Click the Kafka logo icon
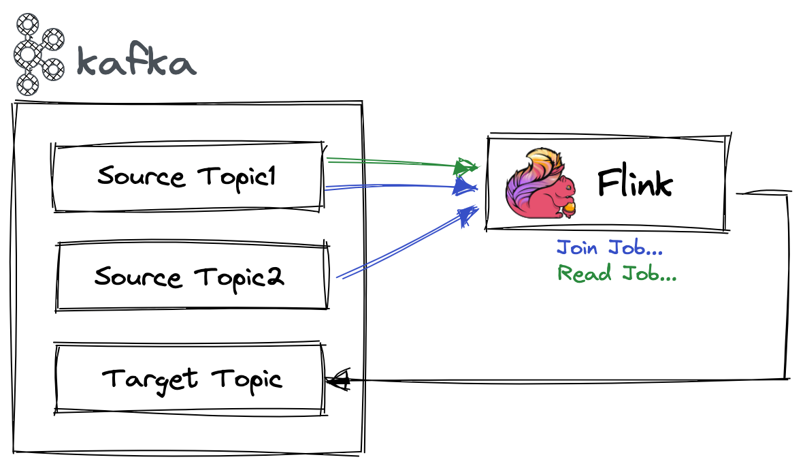click(37, 53)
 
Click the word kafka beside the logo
click(136, 62)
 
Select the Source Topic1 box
click(187, 176)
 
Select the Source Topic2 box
click(193, 277)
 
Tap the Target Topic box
click(190, 378)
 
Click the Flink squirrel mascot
click(541, 184)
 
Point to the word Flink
click(634, 184)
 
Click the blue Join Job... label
click(609, 247)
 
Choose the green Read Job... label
click(617, 273)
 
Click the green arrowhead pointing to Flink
click(467, 166)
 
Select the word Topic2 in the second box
click(239, 277)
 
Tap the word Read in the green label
click(579, 273)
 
